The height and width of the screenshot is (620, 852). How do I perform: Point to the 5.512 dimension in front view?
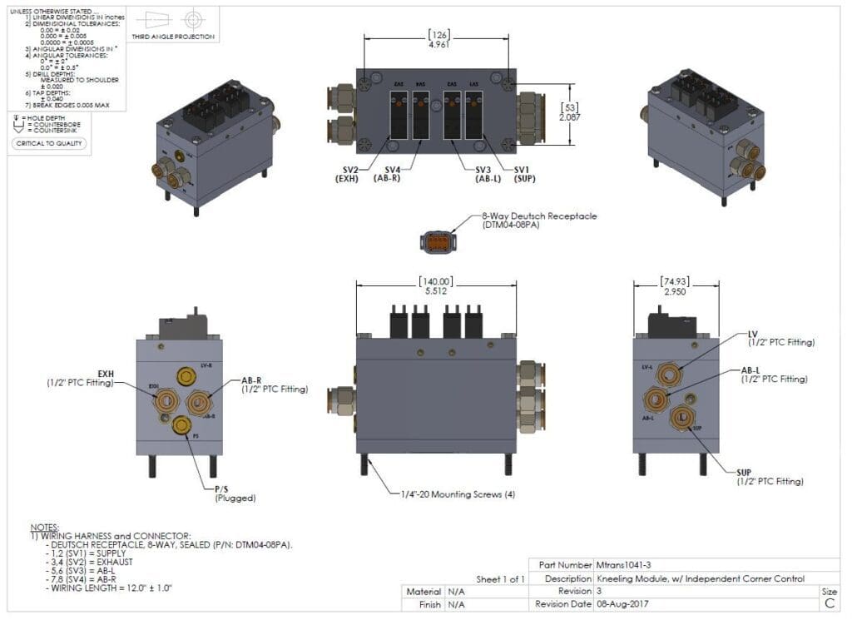(436, 293)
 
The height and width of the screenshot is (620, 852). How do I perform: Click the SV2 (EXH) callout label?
(346, 174)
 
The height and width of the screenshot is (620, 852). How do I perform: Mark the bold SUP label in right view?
(744, 472)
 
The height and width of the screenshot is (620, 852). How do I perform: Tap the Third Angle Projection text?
(173, 37)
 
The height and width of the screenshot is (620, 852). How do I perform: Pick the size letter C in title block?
(829, 604)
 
